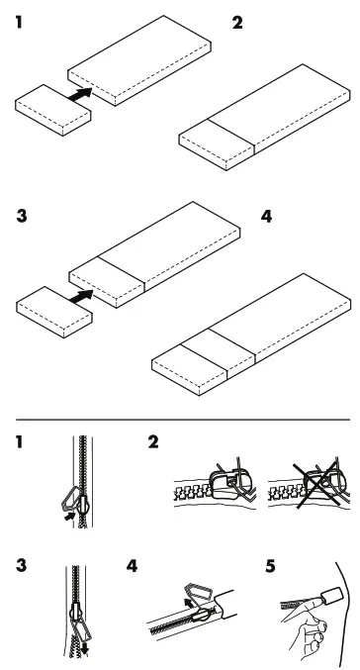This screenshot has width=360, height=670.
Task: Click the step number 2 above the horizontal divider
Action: click(235, 22)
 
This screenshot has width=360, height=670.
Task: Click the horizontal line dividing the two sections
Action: click(180, 420)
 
